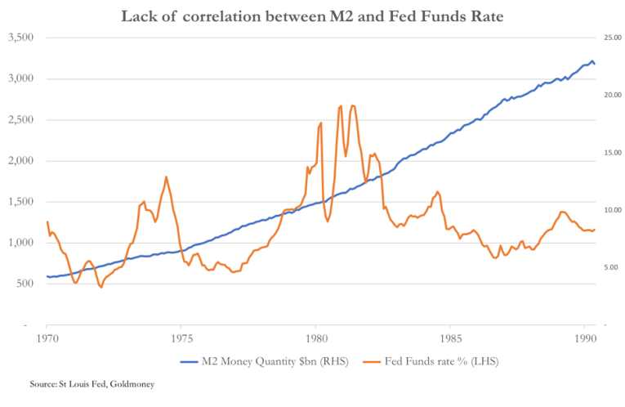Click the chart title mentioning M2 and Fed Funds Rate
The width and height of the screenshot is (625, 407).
(x=312, y=16)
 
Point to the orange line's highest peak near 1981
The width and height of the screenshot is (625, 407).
(x=352, y=105)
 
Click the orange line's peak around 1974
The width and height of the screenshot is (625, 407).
(x=166, y=177)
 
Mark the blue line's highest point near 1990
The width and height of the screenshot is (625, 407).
(x=592, y=60)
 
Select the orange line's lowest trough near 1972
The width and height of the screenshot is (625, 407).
(x=100, y=288)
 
